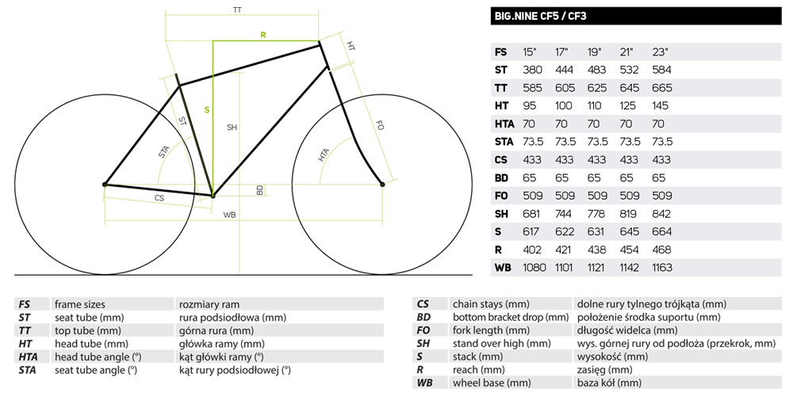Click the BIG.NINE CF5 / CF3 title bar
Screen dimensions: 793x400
click(636, 16)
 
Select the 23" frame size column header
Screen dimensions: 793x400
click(661, 52)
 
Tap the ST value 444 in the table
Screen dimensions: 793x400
click(565, 70)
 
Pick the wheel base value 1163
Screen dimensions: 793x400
click(661, 268)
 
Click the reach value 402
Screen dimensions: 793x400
click(532, 250)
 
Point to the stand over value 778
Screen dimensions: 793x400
click(596, 214)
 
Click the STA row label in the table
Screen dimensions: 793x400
click(504, 142)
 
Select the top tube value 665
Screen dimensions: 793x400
click(662, 88)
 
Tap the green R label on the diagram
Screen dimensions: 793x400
click(263, 35)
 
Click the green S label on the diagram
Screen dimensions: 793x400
click(207, 109)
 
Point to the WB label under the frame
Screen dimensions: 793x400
click(230, 215)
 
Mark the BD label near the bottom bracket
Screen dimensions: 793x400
click(260, 190)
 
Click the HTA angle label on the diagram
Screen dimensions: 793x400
click(324, 154)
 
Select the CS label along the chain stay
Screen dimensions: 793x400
click(159, 198)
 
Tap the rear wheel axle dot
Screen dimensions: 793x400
click(105, 185)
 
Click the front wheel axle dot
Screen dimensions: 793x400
click(382, 185)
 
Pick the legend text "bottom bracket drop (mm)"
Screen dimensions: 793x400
click(511, 317)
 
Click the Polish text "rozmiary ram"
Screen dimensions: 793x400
click(209, 304)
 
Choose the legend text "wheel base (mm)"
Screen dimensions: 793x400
click(492, 383)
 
